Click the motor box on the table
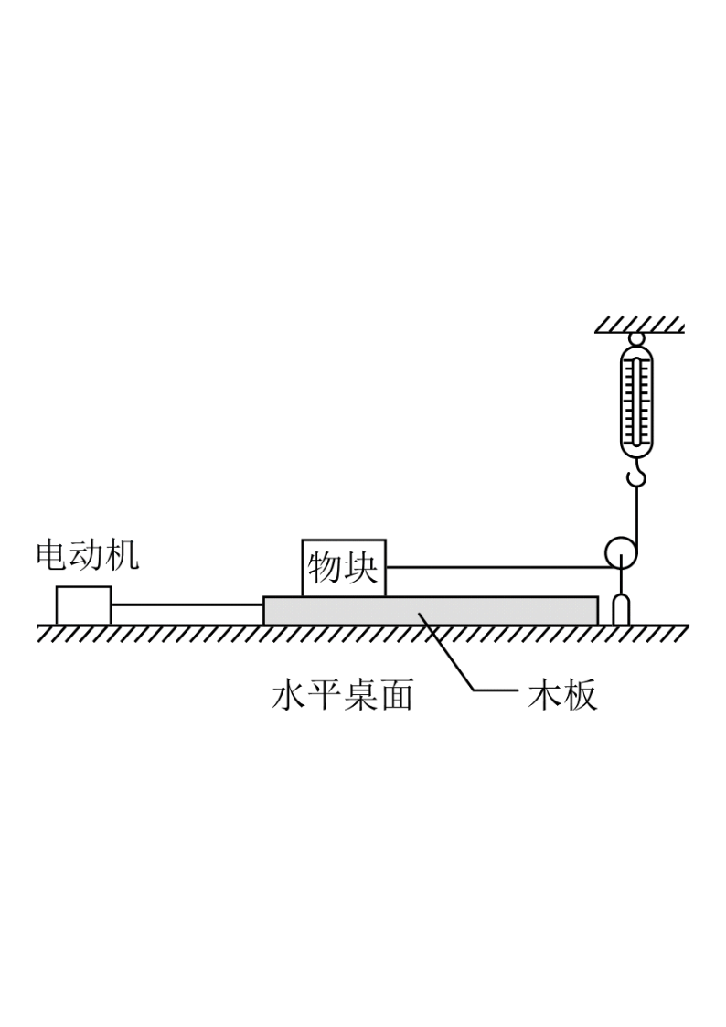tap(83, 605)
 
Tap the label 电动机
tap(87, 555)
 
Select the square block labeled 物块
tap(344, 568)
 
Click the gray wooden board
tap(431, 610)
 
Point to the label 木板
tap(562, 696)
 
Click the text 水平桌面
tap(342, 696)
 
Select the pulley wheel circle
tap(619, 552)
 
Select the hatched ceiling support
tap(639, 325)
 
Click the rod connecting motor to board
tap(187, 605)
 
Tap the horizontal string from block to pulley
tap(495, 567)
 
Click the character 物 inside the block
tap(326, 567)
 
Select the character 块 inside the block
tap(361, 567)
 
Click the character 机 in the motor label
tap(123, 555)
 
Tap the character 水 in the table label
tap(289, 696)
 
